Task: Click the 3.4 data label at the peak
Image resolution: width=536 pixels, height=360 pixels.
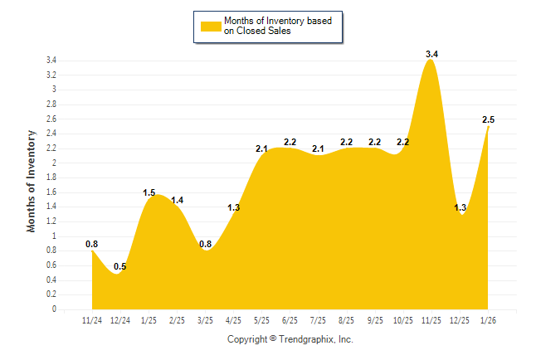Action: tap(431, 54)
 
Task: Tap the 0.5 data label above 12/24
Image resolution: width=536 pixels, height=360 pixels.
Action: tap(120, 266)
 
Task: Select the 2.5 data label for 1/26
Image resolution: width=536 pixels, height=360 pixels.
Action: tap(489, 119)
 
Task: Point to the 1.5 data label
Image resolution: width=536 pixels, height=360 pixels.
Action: tap(149, 192)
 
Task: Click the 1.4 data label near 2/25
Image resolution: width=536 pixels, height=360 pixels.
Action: tap(177, 200)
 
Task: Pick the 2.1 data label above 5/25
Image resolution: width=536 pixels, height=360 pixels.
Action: tap(261, 148)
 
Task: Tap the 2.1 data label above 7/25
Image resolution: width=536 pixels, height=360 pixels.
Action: tap(318, 148)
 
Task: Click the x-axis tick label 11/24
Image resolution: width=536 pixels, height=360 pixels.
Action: tap(92, 319)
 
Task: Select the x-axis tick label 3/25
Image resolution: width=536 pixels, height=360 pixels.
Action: tap(205, 319)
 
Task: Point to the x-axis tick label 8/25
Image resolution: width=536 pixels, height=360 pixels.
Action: tap(347, 319)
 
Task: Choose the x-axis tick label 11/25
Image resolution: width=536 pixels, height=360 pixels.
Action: tap(431, 319)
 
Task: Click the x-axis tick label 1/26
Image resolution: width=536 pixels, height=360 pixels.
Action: tap(489, 319)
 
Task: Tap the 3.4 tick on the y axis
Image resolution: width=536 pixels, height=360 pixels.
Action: tap(51, 61)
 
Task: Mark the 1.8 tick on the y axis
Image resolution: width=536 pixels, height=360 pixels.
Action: tap(51, 178)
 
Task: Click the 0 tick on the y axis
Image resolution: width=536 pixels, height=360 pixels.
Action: tap(54, 309)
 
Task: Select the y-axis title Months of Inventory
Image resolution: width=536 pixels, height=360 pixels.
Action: tap(32, 180)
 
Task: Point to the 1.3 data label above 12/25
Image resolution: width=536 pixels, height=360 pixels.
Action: tap(460, 207)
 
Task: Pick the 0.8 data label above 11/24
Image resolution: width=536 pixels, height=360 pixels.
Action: tap(92, 244)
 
